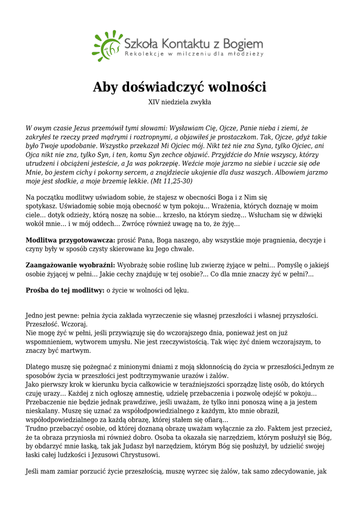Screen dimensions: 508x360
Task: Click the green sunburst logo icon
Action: click(107, 45)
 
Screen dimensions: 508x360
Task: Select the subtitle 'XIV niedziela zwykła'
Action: click(180, 102)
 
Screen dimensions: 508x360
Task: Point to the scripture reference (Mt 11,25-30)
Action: click(158, 181)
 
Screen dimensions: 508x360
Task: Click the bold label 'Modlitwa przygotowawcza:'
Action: click(70, 240)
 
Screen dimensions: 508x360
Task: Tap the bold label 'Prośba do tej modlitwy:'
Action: click(64, 290)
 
